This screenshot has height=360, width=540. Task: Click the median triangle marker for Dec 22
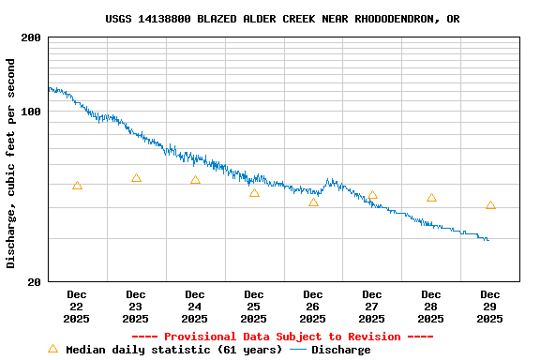77,186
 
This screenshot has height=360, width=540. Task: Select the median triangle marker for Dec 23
136,178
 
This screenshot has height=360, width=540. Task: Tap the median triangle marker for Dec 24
195,180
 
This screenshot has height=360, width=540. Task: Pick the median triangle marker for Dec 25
254,193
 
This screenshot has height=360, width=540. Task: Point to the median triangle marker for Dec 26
313,202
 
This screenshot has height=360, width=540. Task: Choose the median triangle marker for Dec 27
372,195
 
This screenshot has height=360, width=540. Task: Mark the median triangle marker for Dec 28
431,198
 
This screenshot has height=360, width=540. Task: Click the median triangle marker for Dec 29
490,205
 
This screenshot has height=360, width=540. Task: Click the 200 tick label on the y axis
30,38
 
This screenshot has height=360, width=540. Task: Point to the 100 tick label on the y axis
30,112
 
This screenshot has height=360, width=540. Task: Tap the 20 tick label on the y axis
34,282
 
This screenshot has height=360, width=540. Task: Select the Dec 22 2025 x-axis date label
76,307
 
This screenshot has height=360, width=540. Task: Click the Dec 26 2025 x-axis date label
312,307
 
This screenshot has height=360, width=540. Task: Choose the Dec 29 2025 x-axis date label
489,307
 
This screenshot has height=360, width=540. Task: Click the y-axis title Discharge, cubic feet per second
11,163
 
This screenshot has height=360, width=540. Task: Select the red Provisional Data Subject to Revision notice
282,337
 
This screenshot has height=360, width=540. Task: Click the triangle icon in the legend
53,349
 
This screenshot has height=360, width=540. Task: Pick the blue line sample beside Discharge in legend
298,350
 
